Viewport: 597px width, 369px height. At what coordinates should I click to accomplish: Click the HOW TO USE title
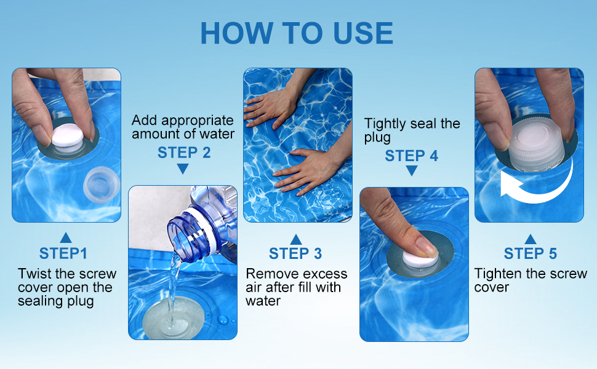(x=297, y=33)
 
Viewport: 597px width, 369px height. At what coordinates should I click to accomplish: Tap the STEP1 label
(x=63, y=253)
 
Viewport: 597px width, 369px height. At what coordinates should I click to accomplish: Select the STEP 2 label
(x=184, y=153)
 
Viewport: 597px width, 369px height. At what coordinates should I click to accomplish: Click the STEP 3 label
(x=295, y=253)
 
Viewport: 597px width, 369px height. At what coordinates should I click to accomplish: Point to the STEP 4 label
(x=411, y=156)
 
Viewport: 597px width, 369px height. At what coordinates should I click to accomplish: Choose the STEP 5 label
(x=530, y=253)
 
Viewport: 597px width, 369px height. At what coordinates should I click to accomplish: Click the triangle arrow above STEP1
(x=66, y=237)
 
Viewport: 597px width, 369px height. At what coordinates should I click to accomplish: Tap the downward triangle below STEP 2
(x=183, y=169)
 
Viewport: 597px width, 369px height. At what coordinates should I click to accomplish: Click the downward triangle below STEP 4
(x=411, y=172)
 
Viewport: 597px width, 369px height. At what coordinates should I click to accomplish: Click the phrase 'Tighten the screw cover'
(x=530, y=280)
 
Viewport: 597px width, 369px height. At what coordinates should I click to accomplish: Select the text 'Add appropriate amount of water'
(x=183, y=127)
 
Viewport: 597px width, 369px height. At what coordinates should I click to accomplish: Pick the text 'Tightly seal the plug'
(x=412, y=130)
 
